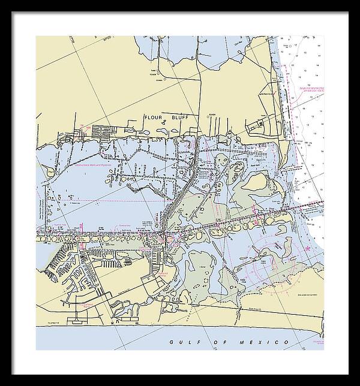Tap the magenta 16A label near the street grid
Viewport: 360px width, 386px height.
pyautogui.click(x=88, y=127)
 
